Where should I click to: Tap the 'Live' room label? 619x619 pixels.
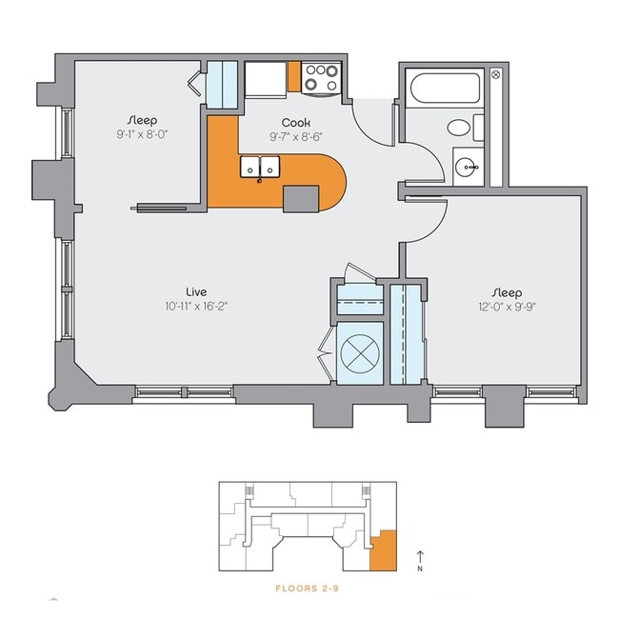(x=197, y=291)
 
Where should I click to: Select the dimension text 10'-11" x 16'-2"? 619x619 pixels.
(x=197, y=306)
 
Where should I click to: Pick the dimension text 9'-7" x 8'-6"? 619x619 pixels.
(x=296, y=136)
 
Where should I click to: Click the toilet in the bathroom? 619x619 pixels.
(x=464, y=128)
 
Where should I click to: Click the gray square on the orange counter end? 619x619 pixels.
(x=301, y=197)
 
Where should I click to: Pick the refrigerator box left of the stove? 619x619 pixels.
(x=266, y=78)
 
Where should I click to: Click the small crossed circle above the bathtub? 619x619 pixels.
(x=495, y=74)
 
